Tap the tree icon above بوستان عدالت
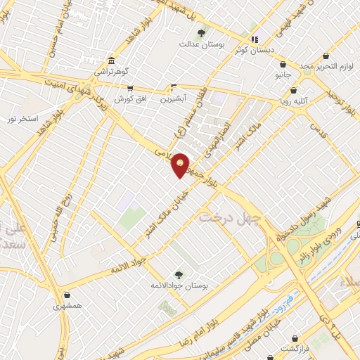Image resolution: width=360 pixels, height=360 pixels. click(x=201, y=32)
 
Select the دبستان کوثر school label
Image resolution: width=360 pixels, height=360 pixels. click(x=257, y=51)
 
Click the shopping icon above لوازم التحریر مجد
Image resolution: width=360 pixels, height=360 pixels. click(x=326, y=56)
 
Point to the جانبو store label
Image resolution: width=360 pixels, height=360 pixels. click(x=283, y=74)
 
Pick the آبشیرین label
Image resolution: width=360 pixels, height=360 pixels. click(x=174, y=98)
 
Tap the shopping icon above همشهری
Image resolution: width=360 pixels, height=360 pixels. click(x=67, y=295)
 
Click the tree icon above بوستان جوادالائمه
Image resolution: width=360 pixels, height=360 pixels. click(x=177, y=275)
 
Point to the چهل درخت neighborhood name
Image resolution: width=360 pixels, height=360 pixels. click(x=230, y=217)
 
